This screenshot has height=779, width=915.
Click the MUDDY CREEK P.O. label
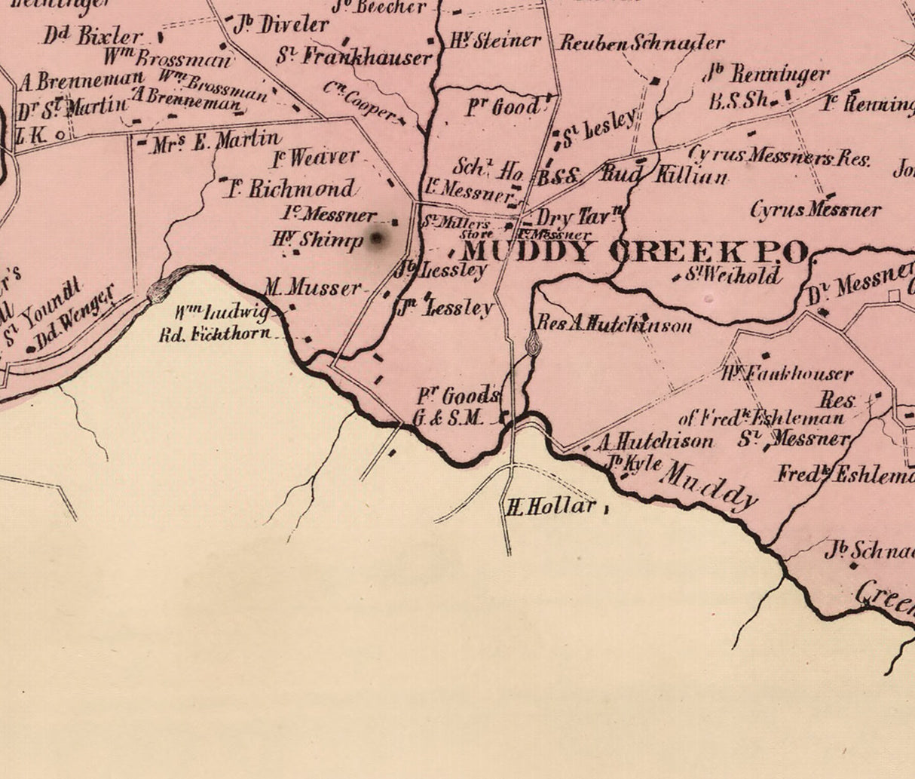click(x=635, y=252)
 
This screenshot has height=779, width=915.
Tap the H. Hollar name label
click(x=550, y=506)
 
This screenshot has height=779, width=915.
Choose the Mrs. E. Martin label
click(x=216, y=141)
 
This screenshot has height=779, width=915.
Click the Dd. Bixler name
click(x=92, y=35)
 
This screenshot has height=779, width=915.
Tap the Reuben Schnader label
click(x=641, y=42)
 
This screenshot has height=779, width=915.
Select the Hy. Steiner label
click(x=495, y=40)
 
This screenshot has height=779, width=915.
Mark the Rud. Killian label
click(x=665, y=175)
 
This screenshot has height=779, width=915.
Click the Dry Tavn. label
click(x=578, y=218)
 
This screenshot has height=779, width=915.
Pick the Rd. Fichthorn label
click(x=214, y=333)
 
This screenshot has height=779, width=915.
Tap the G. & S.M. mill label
click(x=447, y=418)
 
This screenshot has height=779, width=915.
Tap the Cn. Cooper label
click(x=360, y=101)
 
